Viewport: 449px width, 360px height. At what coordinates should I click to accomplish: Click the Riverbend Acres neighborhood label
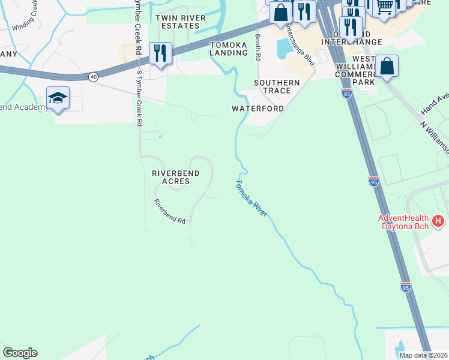click(x=175, y=178)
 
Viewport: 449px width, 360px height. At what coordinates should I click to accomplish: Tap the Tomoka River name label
click(x=252, y=199)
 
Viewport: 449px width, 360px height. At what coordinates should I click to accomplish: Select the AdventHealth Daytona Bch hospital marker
click(x=438, y=221)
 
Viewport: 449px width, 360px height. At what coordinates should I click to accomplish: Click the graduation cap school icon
click(x=58, y=98)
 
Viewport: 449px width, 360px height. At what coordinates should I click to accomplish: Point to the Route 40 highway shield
click(x=93, y=77)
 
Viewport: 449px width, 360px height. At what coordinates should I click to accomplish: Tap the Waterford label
click(x=258, y=109)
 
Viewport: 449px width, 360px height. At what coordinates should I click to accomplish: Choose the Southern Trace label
click(x=277, y=86)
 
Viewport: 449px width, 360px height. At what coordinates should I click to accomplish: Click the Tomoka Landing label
click(x=228, y=49)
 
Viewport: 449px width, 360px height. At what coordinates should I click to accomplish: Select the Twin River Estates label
click(x=177, y=22)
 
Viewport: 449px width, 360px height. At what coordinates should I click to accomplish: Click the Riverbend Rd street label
click(x=169, y=211)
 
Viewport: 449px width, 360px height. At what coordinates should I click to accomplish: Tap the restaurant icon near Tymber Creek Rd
click(x=160, y=52)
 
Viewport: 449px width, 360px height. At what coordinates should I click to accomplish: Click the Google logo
click(x=20, y=353)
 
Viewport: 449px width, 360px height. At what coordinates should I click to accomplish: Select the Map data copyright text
click(x=423, y=355)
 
